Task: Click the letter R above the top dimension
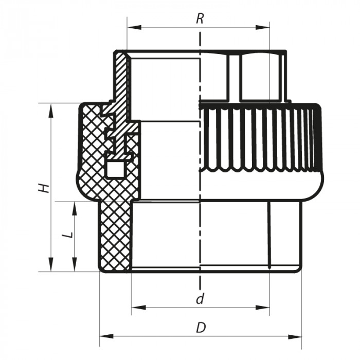(x=200, y=19)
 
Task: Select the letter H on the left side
(x=45, y=187)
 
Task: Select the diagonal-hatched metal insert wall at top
(x=122, y=77)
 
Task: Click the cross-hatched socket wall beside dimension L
(x=114, y=237)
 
